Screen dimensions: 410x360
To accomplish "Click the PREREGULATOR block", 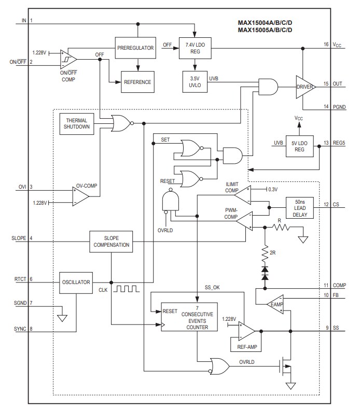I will pyautogui.click(x=135, y=48).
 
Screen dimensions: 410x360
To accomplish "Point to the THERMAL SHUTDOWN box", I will pyautogui.click(x=77, y=123).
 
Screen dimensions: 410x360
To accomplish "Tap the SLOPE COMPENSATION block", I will pyautogui.click(x=109, y=242).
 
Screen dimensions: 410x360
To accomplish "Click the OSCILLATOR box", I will pyautogui.click(x=76, y=282).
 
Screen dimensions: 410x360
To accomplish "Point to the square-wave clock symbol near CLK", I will pyautogui.click(x=128, y=289).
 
